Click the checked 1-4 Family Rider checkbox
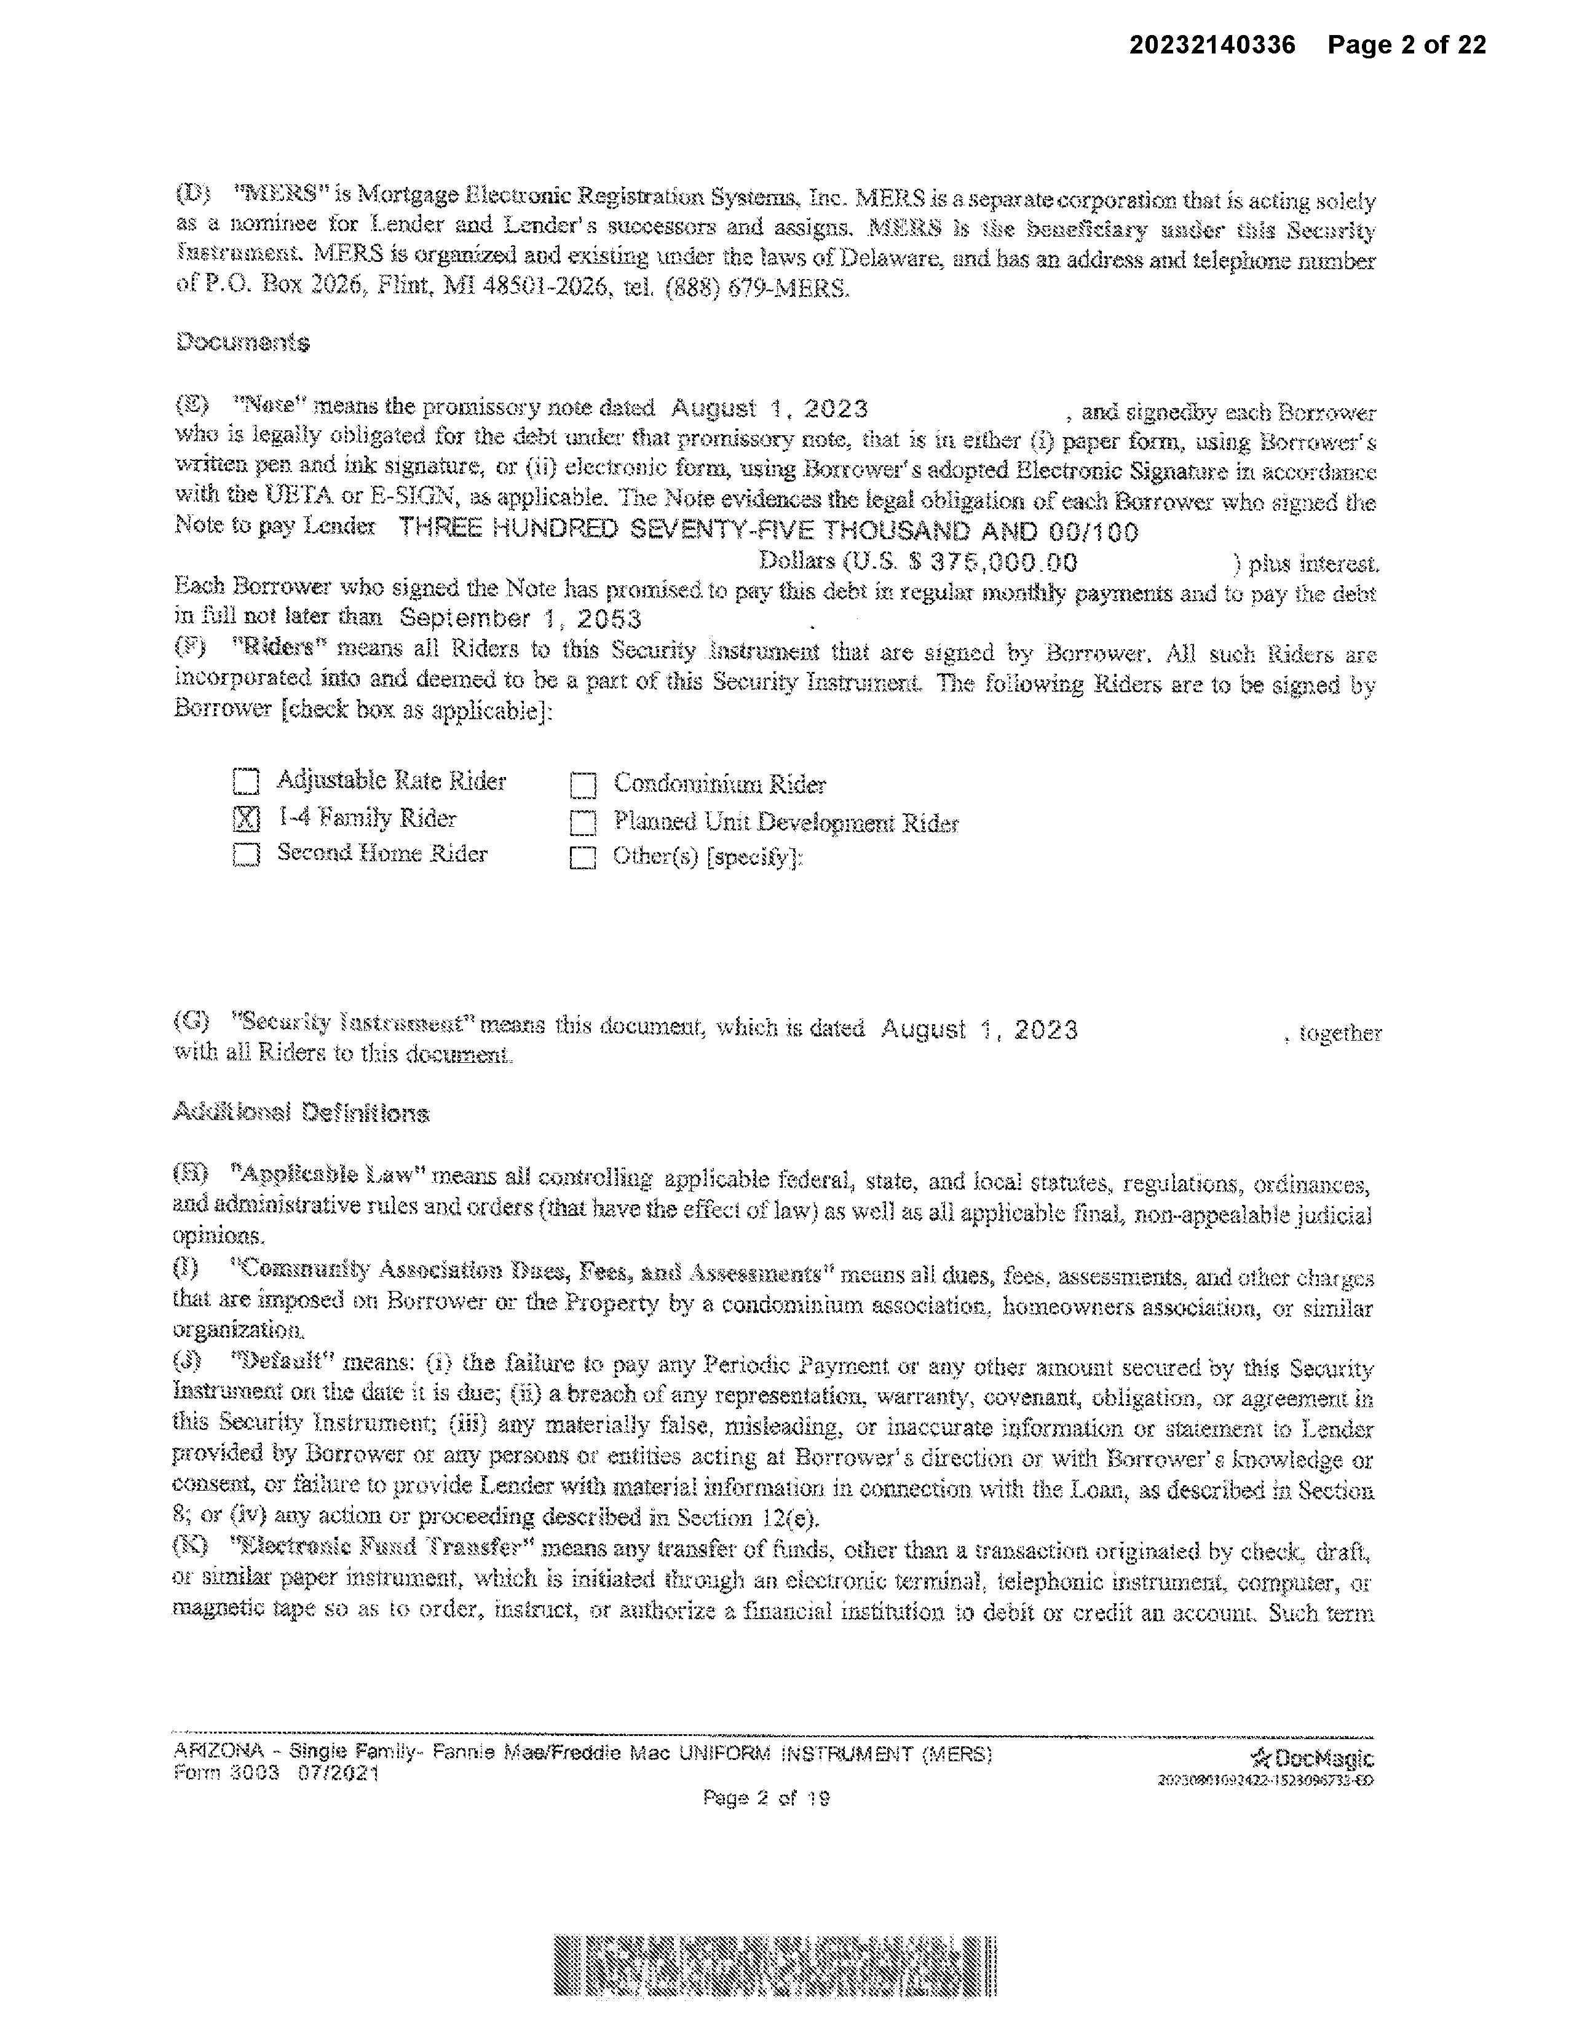pyautogui.click(x=246, y=818)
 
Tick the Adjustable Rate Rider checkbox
pyautogui.click(x=246, y=781)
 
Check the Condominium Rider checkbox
pyautogui.click(x=583, y=786)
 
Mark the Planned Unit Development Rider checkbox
pyautogui.click(x=583, y=823)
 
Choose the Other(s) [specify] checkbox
pyautogui.click(x=583, y=858)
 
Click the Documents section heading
pyautogui.click(x=242, y=342)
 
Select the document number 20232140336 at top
pyautogui.click(x=1212, y=45)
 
